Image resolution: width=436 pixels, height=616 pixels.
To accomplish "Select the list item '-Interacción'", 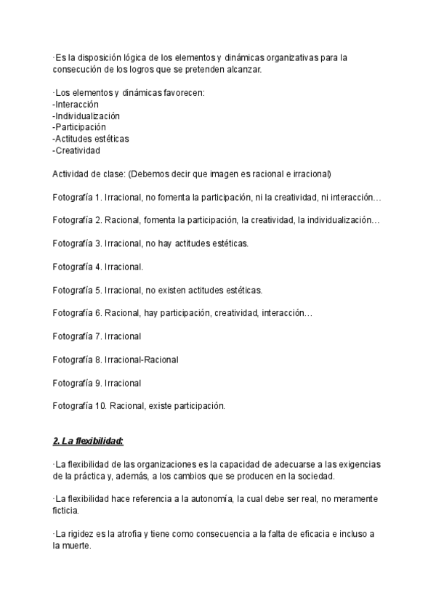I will [x=76, y=104].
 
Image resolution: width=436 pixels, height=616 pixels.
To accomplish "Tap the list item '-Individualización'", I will [x=86, y=115].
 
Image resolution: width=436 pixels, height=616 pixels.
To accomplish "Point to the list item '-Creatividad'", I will [x=76, y=150].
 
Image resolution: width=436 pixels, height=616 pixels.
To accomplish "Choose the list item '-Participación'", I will [x=79, y=127].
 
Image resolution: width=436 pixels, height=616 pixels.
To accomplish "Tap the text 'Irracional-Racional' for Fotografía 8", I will [x=142, y=360].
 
